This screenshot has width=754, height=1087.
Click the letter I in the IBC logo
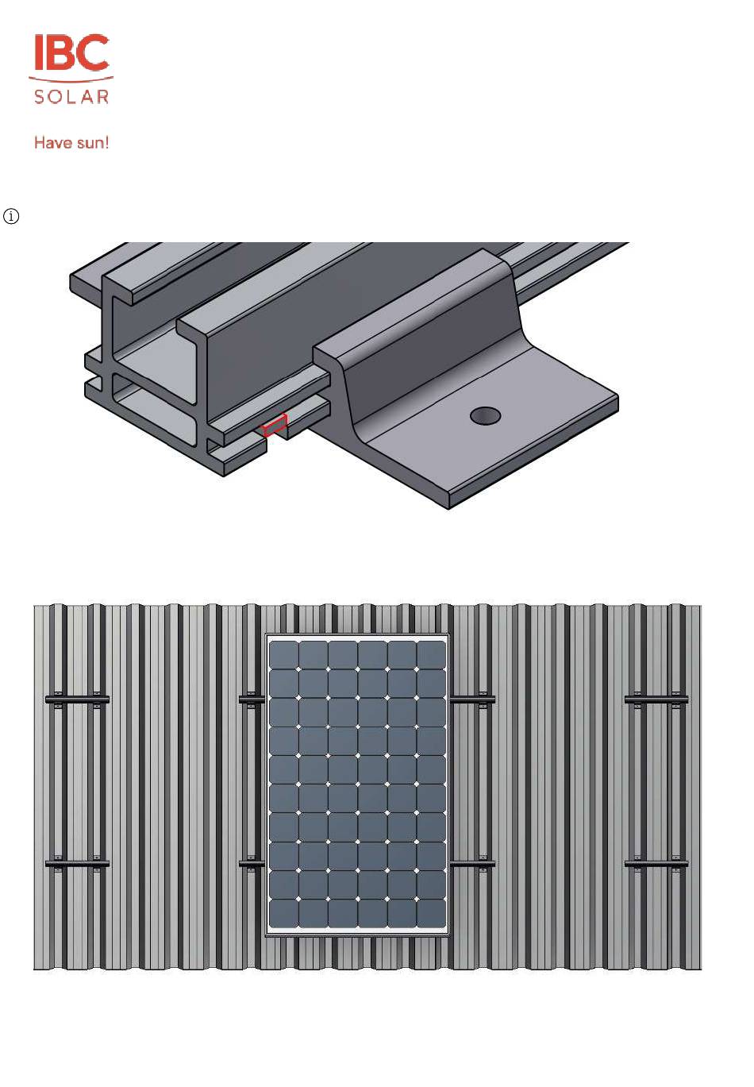38,52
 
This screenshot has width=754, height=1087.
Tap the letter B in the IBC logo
59,52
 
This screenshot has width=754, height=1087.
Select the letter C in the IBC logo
91,52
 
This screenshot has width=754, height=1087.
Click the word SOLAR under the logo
71,97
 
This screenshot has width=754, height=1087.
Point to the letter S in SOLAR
40,97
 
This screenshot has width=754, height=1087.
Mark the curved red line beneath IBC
71,79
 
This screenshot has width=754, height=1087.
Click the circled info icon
11,216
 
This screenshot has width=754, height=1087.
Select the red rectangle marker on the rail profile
275,424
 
